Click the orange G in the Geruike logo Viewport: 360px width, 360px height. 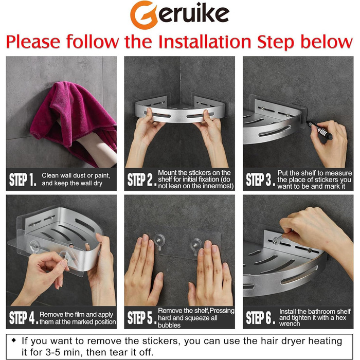(143, 15)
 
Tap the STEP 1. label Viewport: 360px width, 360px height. (23, 179)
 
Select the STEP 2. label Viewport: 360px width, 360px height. (141, 179)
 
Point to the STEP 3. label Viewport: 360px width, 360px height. (260, 179)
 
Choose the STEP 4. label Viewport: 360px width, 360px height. (24, 317)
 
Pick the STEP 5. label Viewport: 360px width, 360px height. (141, 317)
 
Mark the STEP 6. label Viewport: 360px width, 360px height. (260, 317)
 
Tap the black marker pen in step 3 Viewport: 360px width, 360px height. (319, 130)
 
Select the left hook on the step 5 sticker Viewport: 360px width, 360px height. (159, 242)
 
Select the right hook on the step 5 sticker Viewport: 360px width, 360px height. (195, 246)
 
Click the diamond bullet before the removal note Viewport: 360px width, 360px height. (14, 340)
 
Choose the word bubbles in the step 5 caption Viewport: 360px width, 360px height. (169, 325)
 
